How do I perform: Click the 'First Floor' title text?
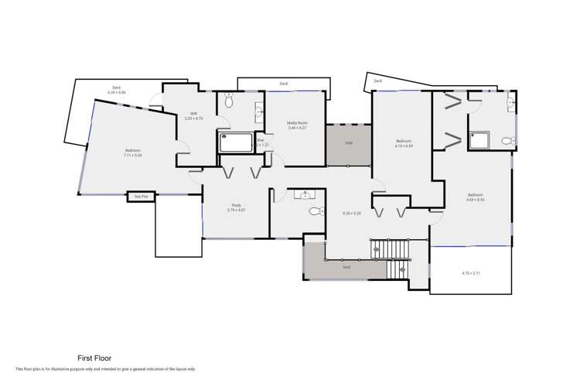[x=94, y=358]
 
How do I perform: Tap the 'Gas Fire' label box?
[x=141, y=197]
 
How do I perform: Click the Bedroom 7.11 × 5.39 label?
[x=132, y=152]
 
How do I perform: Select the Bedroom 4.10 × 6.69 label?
[x=404, y=143]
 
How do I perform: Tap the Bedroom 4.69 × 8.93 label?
[x=475, y=197]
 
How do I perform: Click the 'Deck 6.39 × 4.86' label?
[x=117, y=90]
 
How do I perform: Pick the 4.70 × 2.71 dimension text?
[x=471, y=273]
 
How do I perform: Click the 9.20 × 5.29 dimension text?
[x=352, y=212]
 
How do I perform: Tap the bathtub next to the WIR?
[x=236, y=142]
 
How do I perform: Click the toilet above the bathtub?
[x=229, y=101]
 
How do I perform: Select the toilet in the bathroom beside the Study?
[x=315, y=211]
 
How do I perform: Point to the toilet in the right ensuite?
[x=507, y=141]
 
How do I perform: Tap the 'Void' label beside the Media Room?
[x=349, y=143]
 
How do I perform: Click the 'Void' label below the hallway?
[x=346, y=267]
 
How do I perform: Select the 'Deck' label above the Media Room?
[x=284, y=84]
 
